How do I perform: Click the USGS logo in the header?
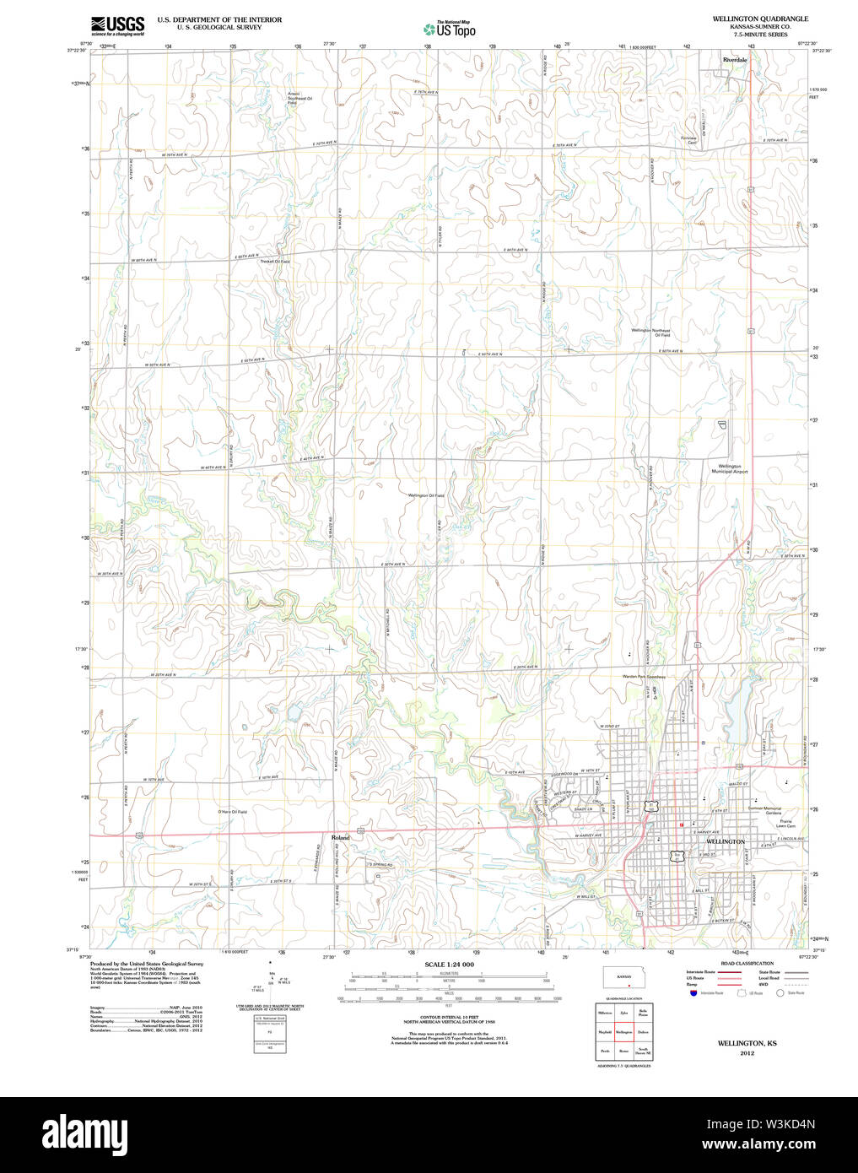117,25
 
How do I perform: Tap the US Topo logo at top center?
450,29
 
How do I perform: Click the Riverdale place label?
734,60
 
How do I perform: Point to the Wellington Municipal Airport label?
729,469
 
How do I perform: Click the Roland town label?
340,838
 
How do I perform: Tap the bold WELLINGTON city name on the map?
725,841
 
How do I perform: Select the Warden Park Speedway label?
645,677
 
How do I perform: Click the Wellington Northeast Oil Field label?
650,332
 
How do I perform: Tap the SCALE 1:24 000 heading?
449,965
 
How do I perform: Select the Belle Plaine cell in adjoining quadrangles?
643,1013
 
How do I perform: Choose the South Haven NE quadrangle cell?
643,1052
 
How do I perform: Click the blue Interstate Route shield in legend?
693,993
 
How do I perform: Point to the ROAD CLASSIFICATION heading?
747,964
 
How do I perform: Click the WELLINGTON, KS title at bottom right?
747,1044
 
